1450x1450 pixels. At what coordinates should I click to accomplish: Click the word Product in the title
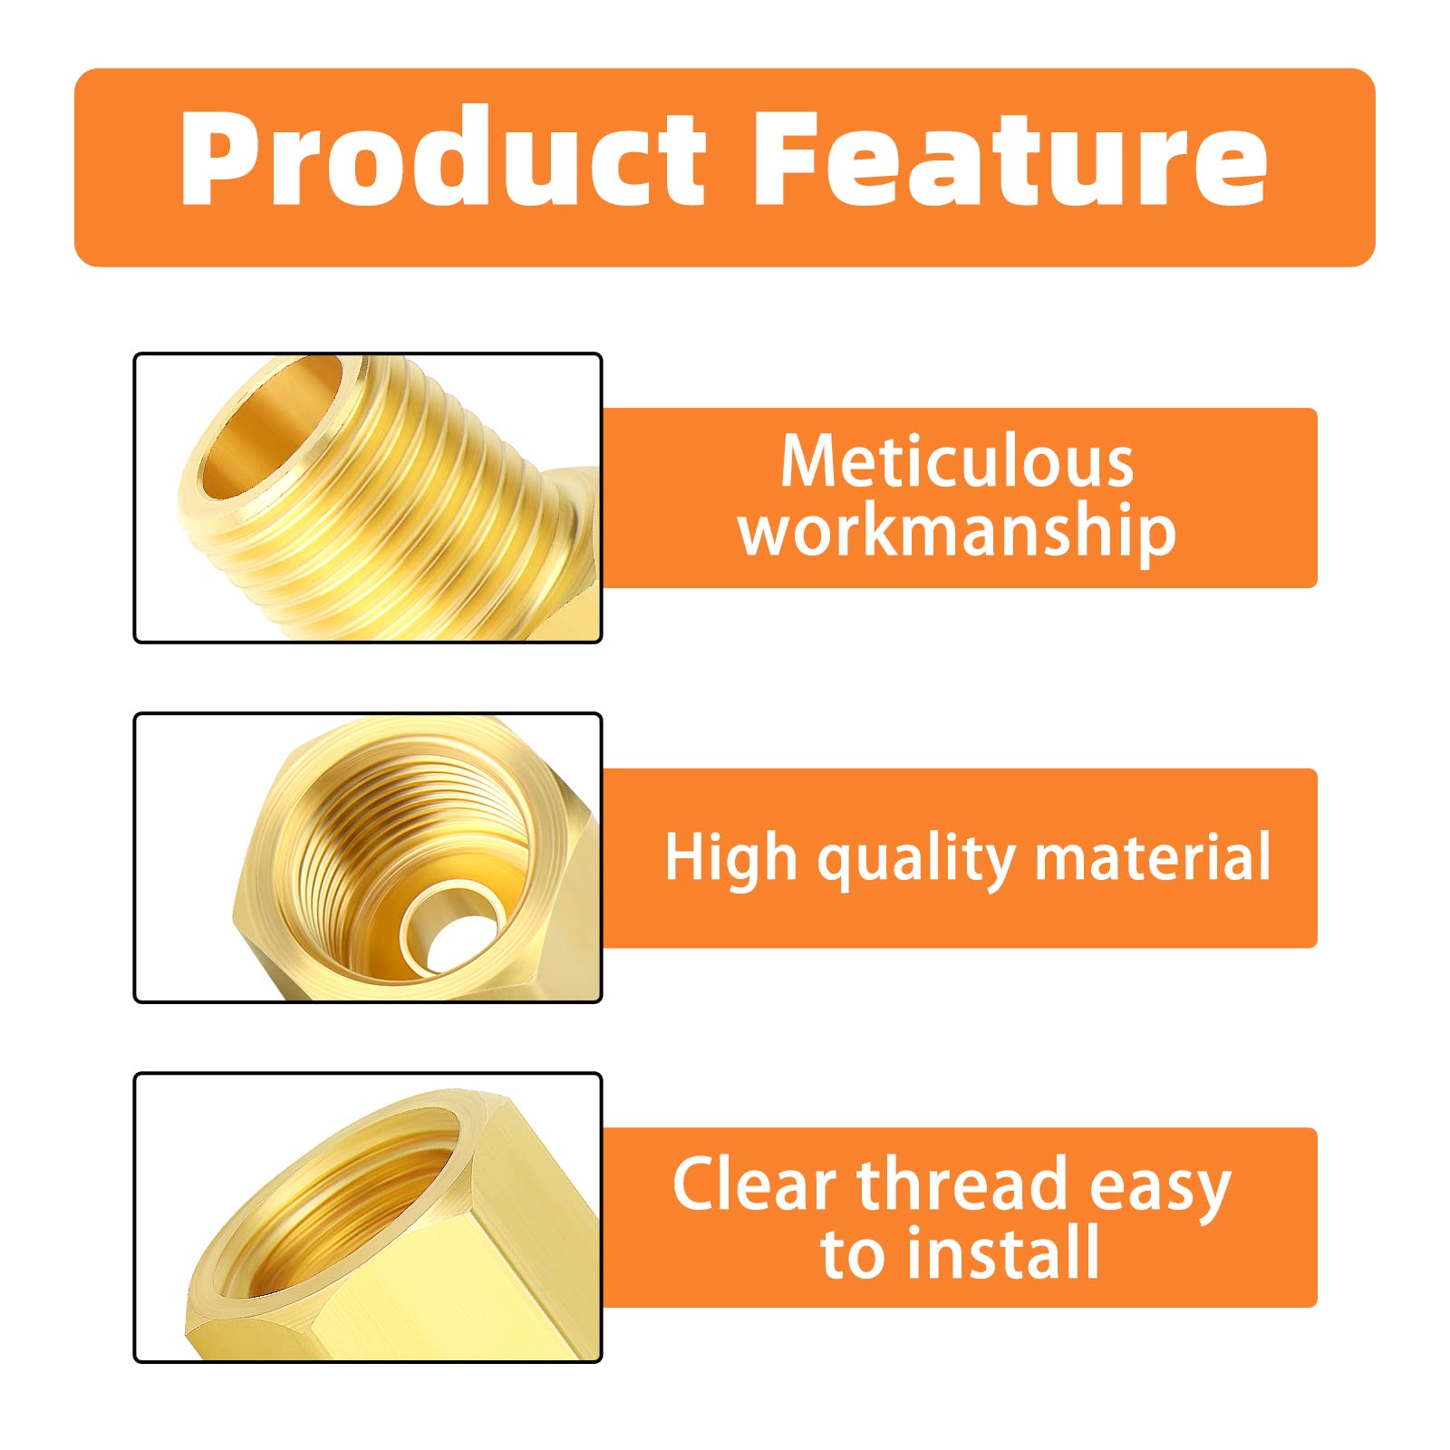[x=442, y=159]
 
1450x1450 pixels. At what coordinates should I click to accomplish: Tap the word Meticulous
[x=957, y=462]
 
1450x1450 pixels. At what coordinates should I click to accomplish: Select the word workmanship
[x=957, y=532]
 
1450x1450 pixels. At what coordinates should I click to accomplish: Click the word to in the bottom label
[x=852, y=1255]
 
